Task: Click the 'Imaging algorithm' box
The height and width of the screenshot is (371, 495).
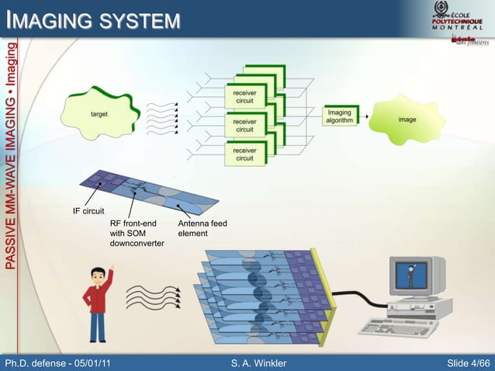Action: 338,118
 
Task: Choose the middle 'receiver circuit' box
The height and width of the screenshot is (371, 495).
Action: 244,126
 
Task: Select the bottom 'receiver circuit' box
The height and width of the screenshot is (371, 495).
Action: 244,154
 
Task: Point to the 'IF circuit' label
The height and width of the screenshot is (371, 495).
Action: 88,211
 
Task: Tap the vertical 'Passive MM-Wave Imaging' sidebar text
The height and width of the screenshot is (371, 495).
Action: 10,155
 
